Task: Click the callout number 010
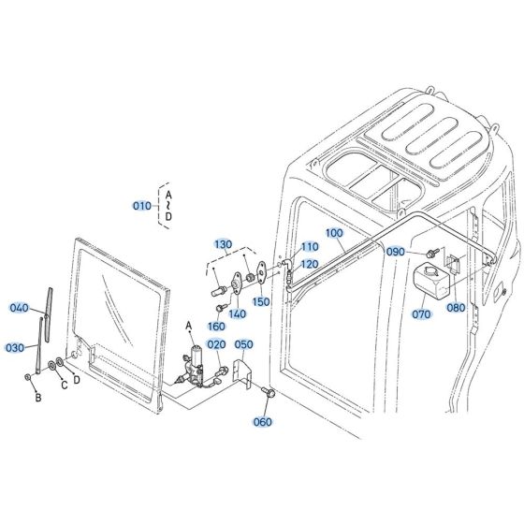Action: click(x=142, y=205)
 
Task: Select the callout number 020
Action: click(x=216, y=344)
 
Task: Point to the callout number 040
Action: click(x=20, y=308)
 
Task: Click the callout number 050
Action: click(x=243, y=344)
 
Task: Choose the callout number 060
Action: click(x=263, y=422)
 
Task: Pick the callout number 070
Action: click(x=422, y=314)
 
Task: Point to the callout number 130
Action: click(x=222, y=244)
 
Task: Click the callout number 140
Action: click(x=238, y=313)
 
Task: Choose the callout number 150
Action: click(x=261, y=301)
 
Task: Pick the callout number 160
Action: click(x=217, y=327)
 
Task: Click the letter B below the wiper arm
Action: click(x=38, y=398)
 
